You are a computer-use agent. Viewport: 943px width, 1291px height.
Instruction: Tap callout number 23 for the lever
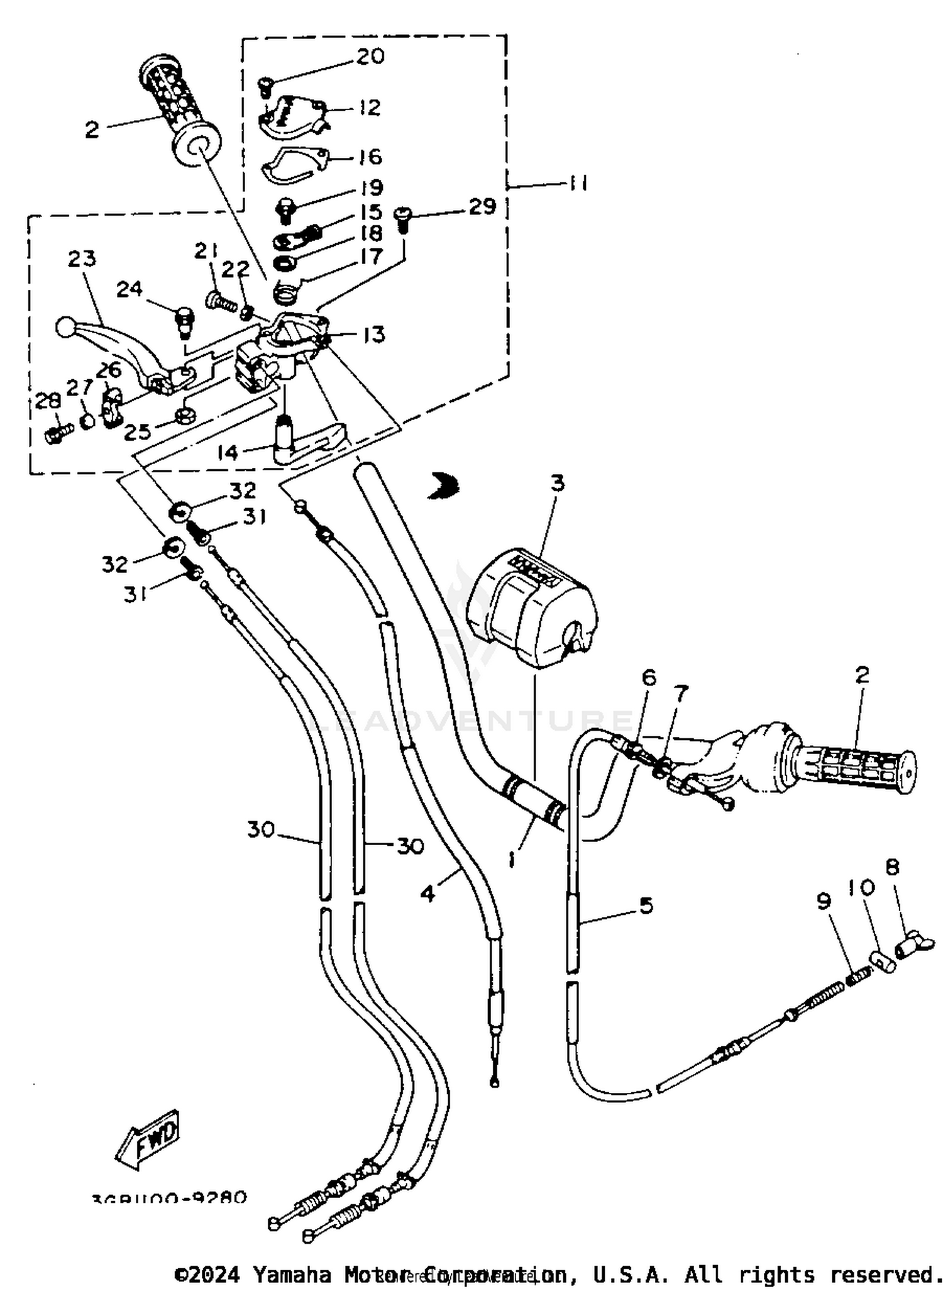point(82,258)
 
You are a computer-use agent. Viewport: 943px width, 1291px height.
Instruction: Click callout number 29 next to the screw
point(482,206)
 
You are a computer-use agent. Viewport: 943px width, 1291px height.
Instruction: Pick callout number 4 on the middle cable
point(429,894)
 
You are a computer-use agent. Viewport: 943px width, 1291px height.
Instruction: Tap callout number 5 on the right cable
point(646,906)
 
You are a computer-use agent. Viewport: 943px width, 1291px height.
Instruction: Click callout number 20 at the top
point(370,56)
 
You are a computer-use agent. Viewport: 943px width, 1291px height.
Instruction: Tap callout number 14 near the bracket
point(228,452)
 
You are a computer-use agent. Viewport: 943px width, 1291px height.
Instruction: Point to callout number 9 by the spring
point(824,901)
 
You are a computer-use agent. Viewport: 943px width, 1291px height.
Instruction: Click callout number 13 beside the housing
point(373,335)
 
